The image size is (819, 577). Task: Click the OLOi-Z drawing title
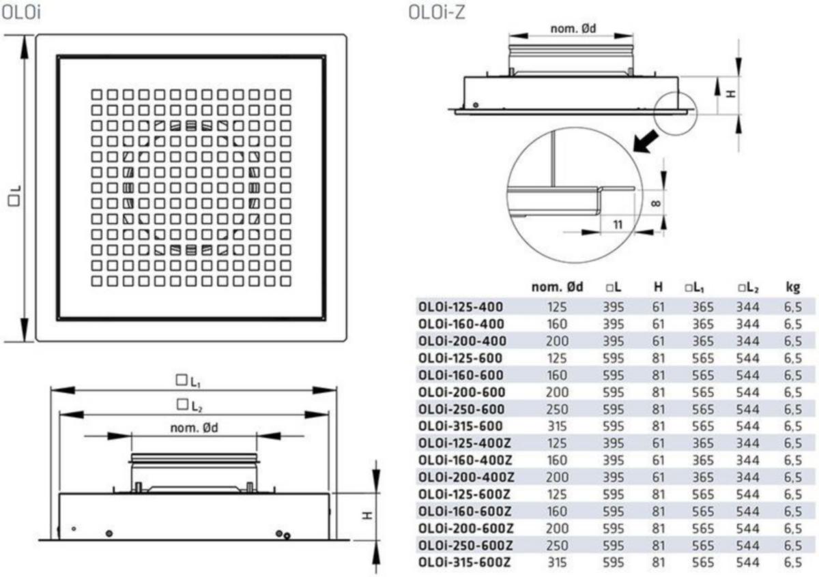[x=437, y=13]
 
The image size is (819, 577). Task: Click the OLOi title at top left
[x=21, y=13]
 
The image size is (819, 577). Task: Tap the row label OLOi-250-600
[x=461, y=409]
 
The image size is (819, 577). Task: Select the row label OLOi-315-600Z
[x=464, y=563]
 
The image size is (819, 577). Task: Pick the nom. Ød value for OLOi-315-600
[x=557, y=426]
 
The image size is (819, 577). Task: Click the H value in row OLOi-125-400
[x=658, y=307]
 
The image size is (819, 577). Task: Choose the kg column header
[x=792, y=288]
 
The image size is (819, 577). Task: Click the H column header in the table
[x=658, y=287]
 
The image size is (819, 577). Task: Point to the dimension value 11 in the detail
[x=618, y=224]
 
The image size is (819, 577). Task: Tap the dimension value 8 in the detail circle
[x=657, y=203]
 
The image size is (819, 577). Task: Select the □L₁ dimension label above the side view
[x=188, y=381]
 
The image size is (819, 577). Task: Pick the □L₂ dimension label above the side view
[x=190, y=406]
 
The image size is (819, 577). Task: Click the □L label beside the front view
[x=14, y=196]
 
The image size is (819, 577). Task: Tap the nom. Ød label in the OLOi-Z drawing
[x=573, y=29]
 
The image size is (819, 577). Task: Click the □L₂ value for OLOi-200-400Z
[x=748, y=477]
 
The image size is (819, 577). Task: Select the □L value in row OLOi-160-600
[x=613, y=375]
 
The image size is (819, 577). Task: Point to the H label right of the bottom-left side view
[x=367, y=516]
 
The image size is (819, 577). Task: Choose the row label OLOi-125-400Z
[x=464, y=443]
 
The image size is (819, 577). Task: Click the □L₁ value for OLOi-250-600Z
[x=703, y=546]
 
